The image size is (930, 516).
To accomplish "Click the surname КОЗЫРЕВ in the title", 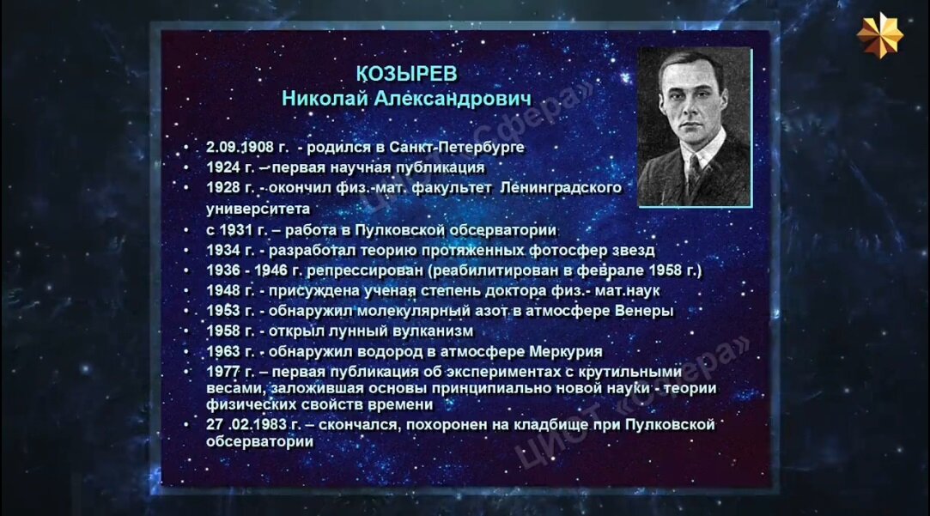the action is tap(407, 74).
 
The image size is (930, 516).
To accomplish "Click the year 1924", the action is tap(223, 167).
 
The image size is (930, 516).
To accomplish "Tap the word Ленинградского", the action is tap(561, 188).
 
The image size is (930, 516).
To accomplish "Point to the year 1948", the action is tap(223, 291).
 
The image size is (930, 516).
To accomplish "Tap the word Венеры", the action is tap(645, 312).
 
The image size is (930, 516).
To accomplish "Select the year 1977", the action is tap(223, 372).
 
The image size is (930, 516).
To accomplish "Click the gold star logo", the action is tap(879, 35).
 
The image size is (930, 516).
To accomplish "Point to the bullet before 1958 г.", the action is tap(186, 331).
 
